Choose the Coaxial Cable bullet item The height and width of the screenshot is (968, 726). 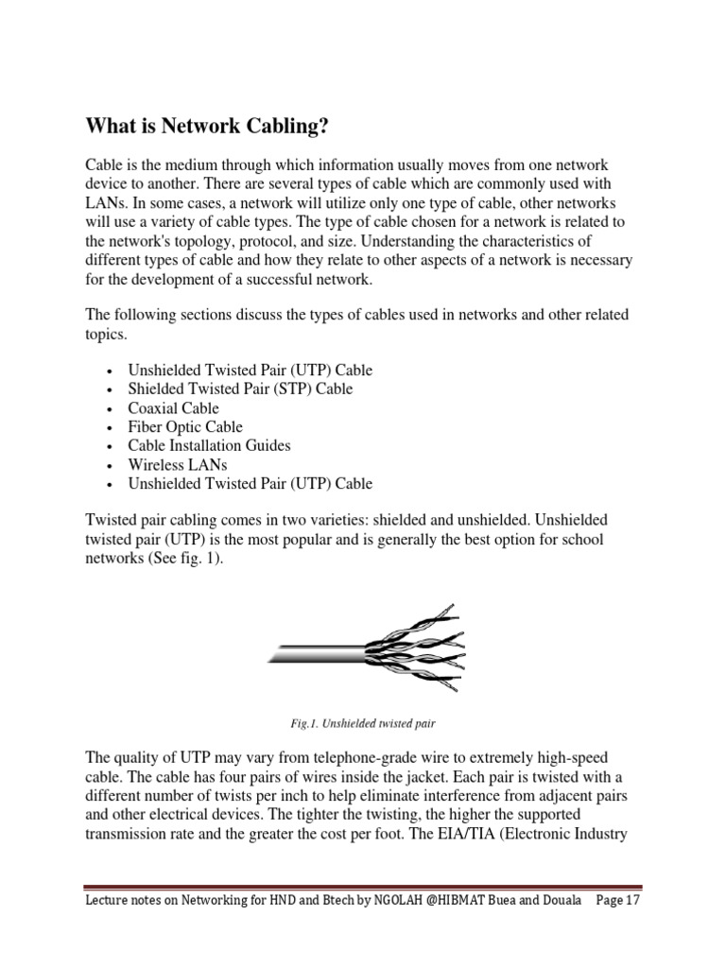174,407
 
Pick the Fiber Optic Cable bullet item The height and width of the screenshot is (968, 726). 185,426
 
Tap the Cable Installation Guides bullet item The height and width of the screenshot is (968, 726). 209,445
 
